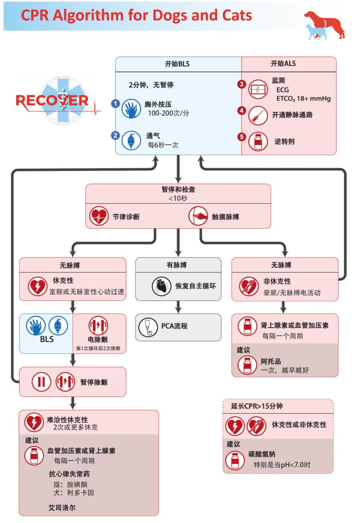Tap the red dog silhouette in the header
click(328, 24)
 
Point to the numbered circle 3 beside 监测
click(241, 84)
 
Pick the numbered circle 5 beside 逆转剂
click(241, 137)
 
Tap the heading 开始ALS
click(283, 64)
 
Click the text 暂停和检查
click(178, 190)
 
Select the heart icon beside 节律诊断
click(99, 217)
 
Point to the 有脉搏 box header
click(178, 265)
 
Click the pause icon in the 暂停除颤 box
click(41, 382)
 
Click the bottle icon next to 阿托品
click(247, 365)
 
